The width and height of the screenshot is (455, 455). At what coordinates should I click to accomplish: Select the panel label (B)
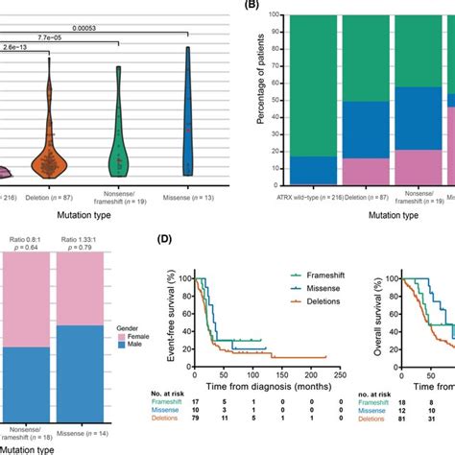(257, 6)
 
